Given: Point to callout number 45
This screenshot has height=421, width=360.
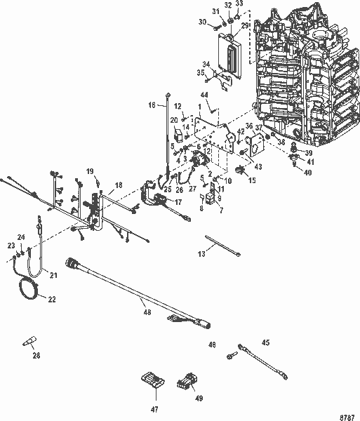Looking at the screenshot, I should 265,342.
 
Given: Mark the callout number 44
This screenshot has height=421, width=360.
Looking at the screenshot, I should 204,94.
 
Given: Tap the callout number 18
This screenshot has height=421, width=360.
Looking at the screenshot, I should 118,184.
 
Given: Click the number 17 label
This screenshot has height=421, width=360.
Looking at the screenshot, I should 178,202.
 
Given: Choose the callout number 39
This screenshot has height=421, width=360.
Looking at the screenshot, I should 308,152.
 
